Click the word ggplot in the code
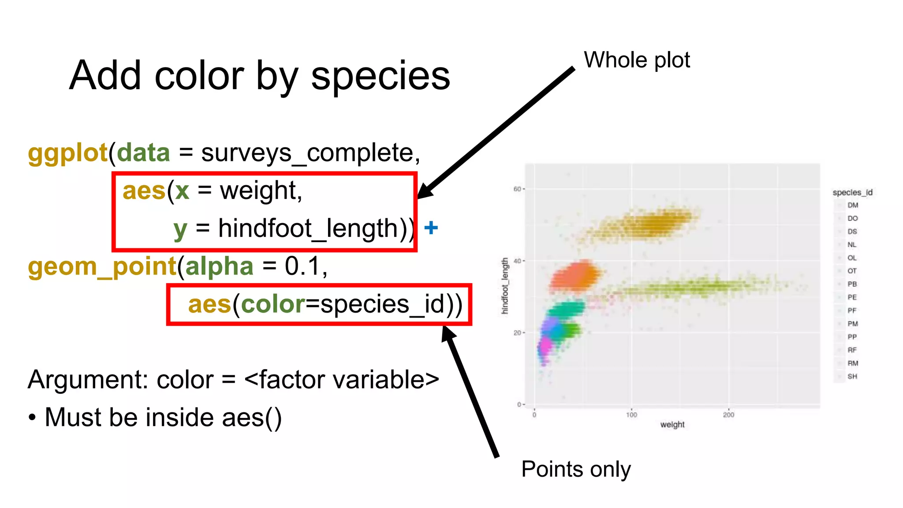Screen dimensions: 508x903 pos(67,153)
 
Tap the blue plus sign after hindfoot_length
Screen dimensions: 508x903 pos(431,228)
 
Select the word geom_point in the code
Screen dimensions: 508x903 pos(102,267)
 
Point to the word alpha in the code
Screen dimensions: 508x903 pos(219,267)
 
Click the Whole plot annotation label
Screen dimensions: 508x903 pos(636,60)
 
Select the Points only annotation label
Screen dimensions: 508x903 pos(576,469)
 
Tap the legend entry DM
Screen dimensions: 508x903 pos(853,205)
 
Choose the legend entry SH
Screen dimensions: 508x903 pos(852,376)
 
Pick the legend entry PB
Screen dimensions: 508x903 pos(852,284)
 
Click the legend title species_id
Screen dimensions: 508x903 pos(852,192)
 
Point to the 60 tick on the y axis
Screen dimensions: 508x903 pos(517,189)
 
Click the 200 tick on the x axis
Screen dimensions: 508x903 pos(728,415)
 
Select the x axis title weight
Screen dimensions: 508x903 pos(672,425)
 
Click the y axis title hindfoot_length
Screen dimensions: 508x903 pos(505,286)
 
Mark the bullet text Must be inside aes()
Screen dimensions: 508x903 pos(163,418)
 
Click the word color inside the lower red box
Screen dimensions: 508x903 pos(273,304)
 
